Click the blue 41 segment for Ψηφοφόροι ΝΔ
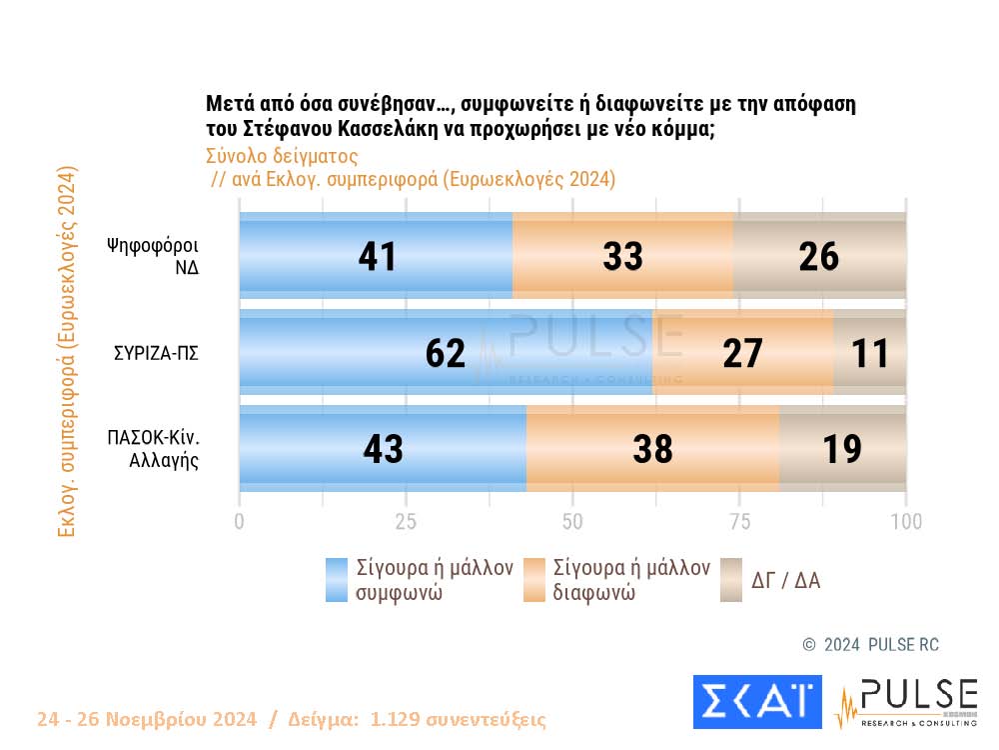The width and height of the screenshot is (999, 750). [376, 257]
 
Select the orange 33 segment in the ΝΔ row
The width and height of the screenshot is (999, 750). [622, 257]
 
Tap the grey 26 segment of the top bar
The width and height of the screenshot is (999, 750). [819, 257]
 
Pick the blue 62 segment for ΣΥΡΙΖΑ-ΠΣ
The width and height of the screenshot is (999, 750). [446, 353]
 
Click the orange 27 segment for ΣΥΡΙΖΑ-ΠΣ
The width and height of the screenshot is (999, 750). [742, 353]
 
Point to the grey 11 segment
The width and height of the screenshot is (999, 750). [870, 353]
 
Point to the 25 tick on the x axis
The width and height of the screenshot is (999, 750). [406, 522]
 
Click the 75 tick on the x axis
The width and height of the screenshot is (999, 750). [739, 522]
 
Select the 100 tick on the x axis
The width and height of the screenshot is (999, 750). [905, 522]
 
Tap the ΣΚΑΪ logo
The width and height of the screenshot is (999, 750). [757, 701]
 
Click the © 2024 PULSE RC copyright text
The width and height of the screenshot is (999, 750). [871, 645]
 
